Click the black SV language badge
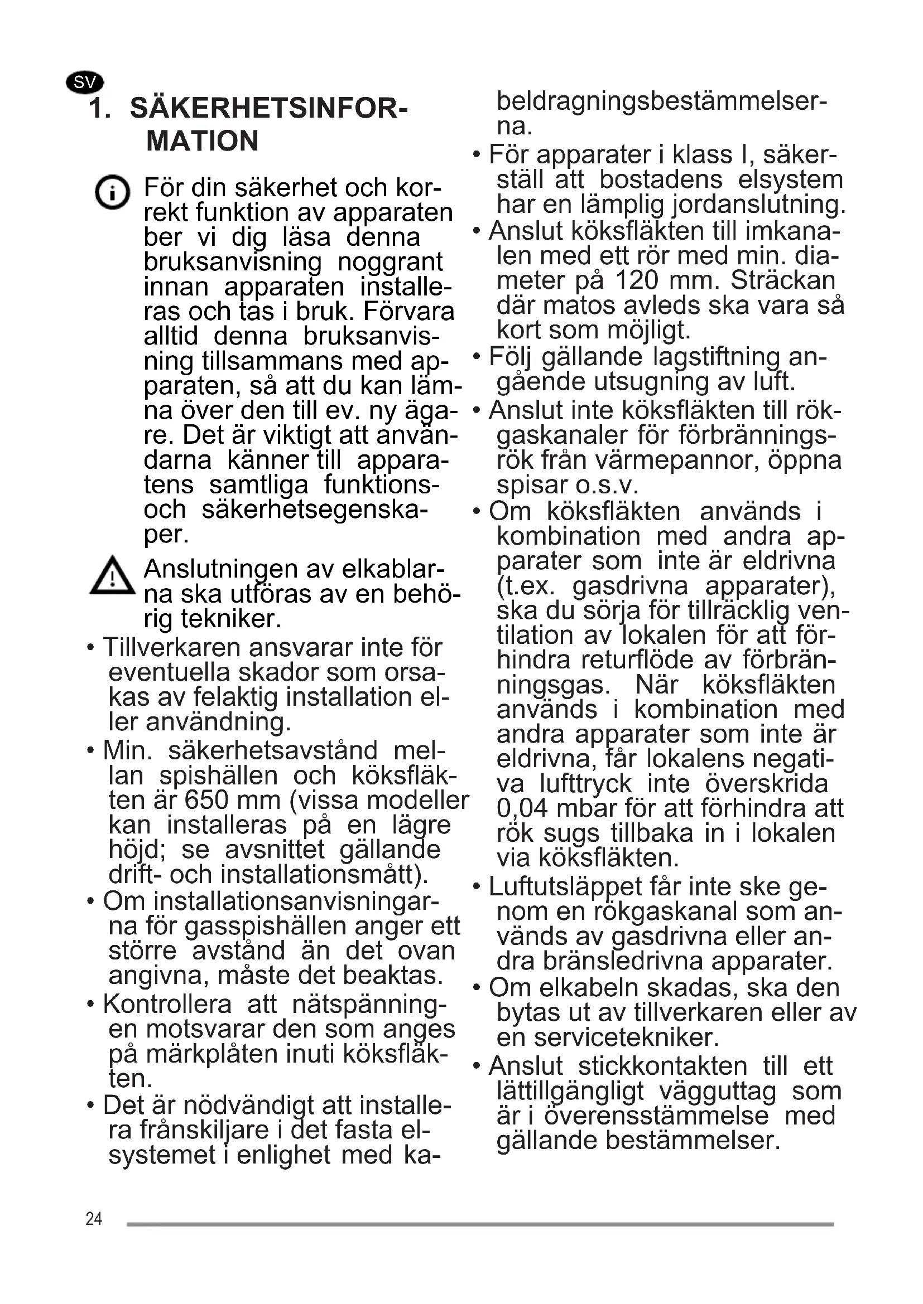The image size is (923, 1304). (x=85, y=83)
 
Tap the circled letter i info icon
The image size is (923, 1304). (x=112, y=192)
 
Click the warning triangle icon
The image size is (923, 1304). (x=113, y=576)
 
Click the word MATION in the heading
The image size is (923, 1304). (x=203, y=141)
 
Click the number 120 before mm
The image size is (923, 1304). (x=637, y=280)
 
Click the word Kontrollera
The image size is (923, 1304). (x=167, y=1005)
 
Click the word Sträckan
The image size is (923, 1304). (x=782, y=280)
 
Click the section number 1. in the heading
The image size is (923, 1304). (x=99, y=109)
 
